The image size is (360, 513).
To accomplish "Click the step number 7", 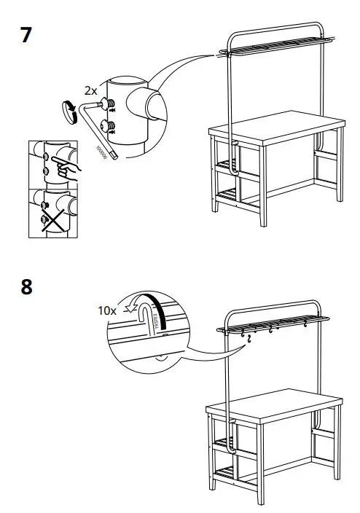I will coord(26,35).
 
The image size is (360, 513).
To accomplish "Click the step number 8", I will coord(26,286).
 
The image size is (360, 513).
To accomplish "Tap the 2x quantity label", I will coord(90,92).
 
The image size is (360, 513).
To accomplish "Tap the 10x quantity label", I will coord(107,310).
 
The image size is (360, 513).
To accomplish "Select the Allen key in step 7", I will coord(98,131).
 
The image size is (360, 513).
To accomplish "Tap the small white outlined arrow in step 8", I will coord(133,307).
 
